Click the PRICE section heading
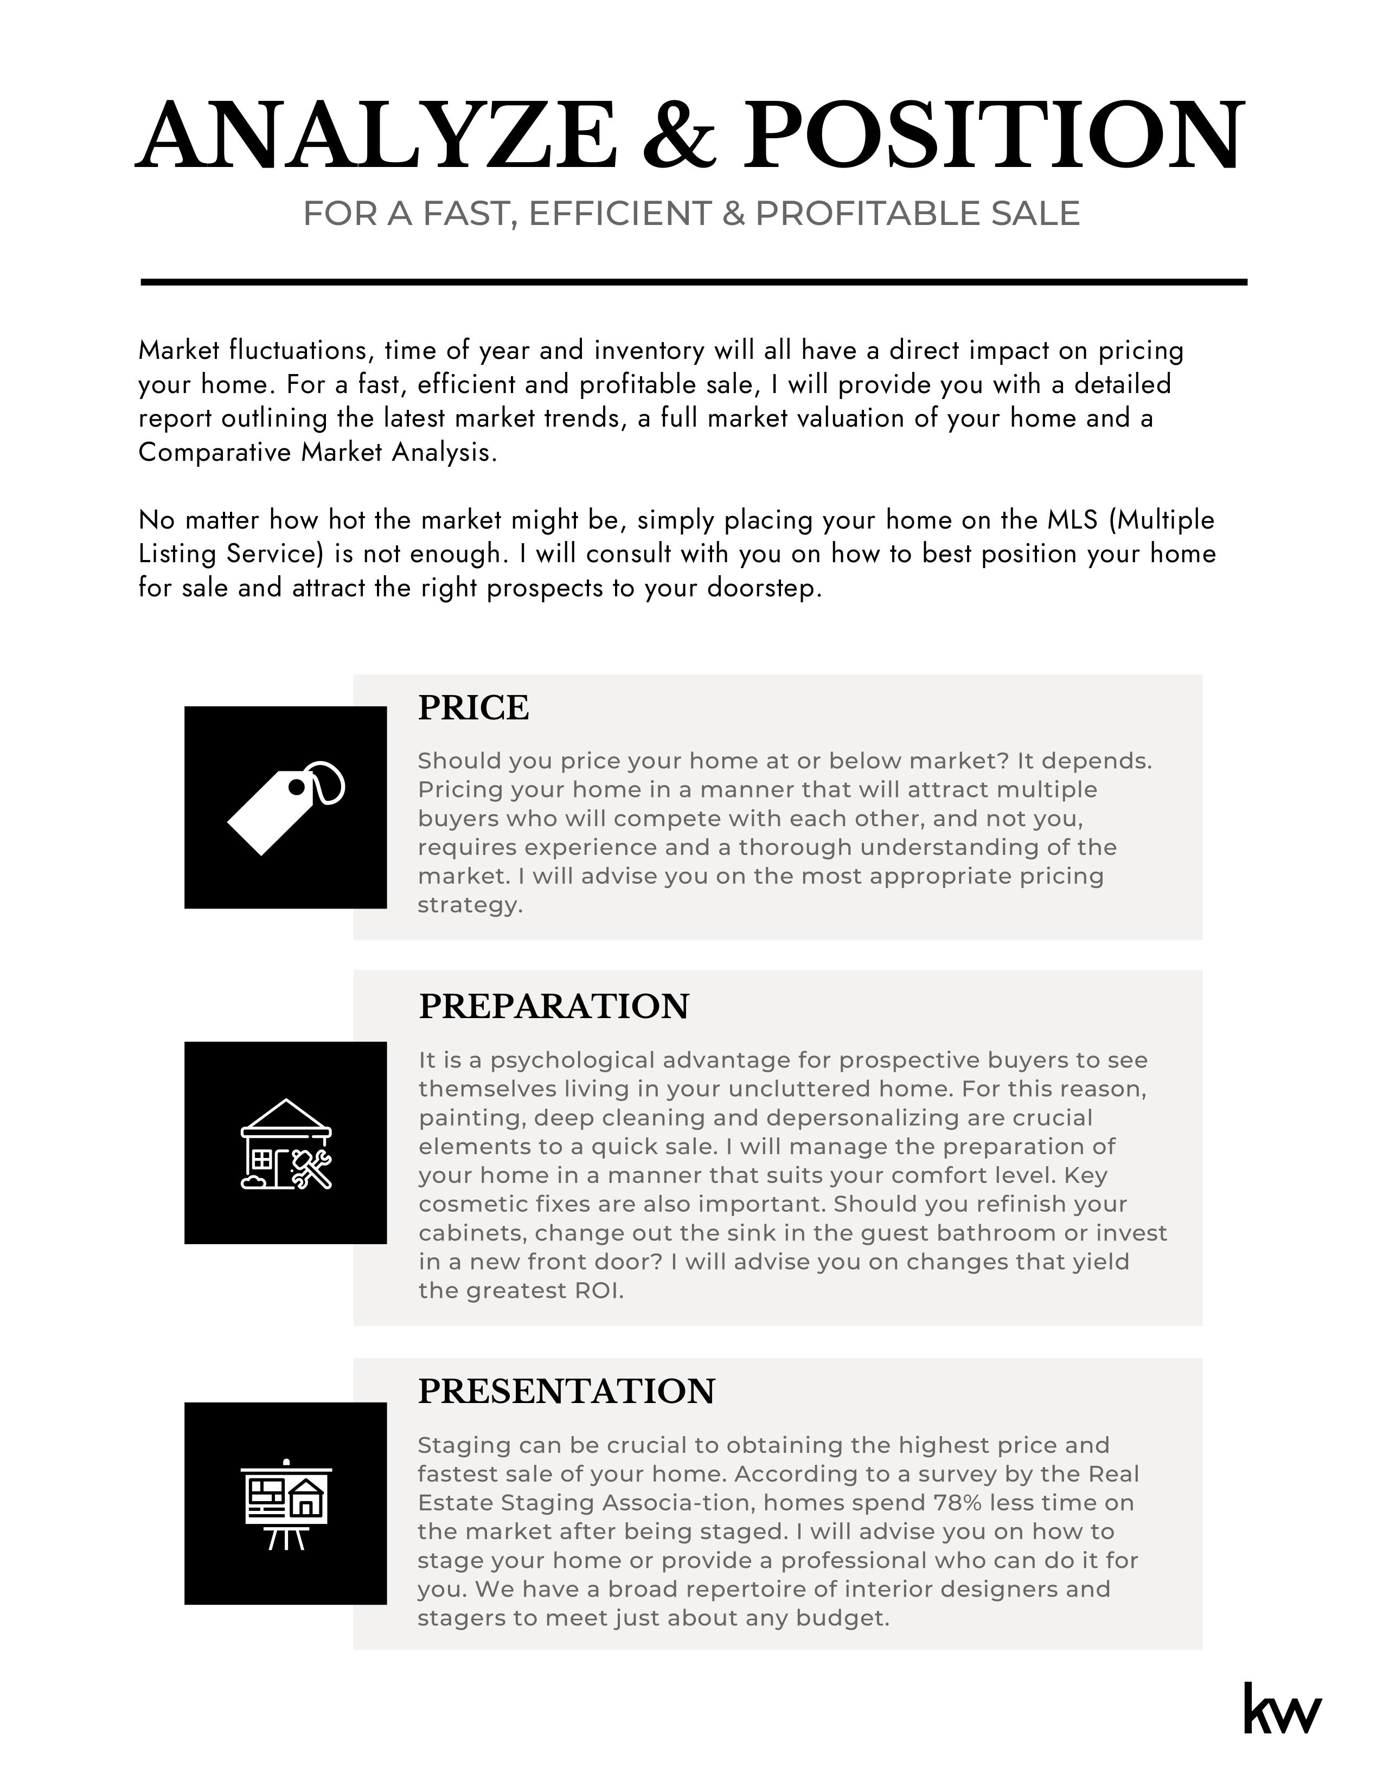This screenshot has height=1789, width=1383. pos(473,707)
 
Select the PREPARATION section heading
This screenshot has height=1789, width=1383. pos(554,1007)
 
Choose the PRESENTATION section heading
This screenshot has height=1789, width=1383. pos(566,1392)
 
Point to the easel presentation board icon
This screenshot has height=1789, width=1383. pos(286,1505)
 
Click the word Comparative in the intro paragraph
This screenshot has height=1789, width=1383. pos(215,452)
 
